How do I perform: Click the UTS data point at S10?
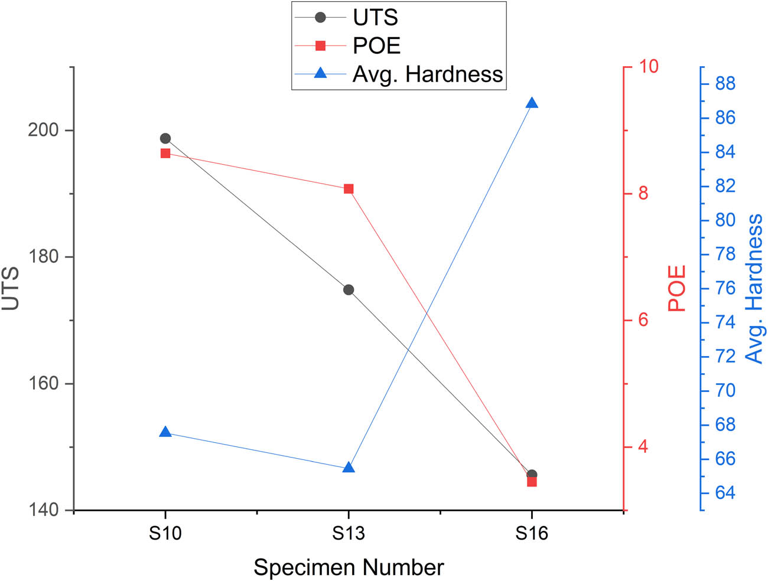tap(165, 139)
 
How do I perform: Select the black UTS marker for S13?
tap(349, 290)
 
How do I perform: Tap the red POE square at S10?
tap(165, 154)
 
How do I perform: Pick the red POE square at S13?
tap(349, 189)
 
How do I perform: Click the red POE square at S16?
tap(532, 482)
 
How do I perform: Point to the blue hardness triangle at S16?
tap(532, 103)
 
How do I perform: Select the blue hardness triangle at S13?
tap(349, 468)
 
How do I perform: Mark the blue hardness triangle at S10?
tap(165, 432)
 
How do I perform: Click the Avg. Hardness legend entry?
tap(427, 74)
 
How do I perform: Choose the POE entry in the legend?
tap(376, 46)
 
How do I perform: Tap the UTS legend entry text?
tap(375, 18)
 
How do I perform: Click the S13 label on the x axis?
tap(349, 534)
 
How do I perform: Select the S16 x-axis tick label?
tap(532, 534)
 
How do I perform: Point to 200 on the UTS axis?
tap(44, 130)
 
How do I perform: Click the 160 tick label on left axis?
tap(44, 383)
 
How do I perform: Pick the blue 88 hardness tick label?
tap(725, 84)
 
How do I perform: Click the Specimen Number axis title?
tap(349, 567)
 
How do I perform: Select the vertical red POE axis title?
tap(677, 288)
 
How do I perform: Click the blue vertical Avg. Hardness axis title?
tap(754, 288)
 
